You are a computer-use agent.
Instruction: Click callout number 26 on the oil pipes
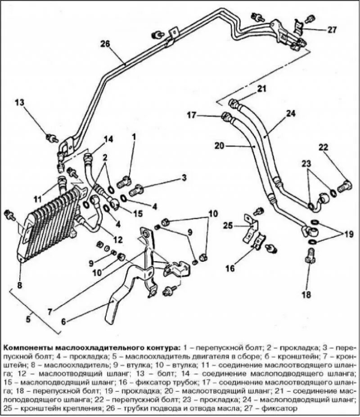coord(105,44)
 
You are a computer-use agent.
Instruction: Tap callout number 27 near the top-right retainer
coord(332,30)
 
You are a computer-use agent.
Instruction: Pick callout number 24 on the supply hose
coord(291,113)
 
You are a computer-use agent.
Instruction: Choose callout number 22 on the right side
coord(324,147)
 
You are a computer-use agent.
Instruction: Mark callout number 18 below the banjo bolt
coord(306,295)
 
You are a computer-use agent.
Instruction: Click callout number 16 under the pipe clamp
coord(230,269)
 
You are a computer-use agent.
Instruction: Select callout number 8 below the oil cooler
coord(19,284)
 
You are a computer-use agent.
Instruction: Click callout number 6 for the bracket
coord(63,321)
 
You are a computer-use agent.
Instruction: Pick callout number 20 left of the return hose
coord(219,146)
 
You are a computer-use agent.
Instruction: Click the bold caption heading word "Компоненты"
coord(29,348)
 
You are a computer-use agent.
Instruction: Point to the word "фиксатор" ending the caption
coord(284,408)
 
